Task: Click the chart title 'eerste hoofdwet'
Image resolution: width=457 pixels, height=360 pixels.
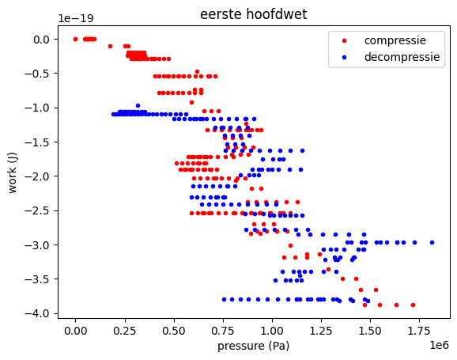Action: click(255, 13)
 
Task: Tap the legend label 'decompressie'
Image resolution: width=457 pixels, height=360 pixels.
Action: click(403, 57)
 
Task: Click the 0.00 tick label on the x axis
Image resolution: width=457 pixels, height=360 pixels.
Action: click(76, 329)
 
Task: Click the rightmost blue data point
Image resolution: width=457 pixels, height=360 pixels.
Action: click(432, 242)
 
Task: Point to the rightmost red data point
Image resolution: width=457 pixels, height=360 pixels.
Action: click(413, 305)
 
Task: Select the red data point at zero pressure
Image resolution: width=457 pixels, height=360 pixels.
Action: click(76, 39)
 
